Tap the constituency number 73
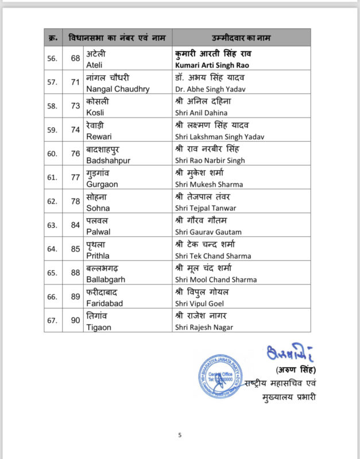pyautogui.click(x=75, y=107)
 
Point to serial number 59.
pyautogui.click(x=52, y=130)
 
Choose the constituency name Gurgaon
pyautogui.click(x=101, y=184)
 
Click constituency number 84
pyautogui.click(x=75, y=225)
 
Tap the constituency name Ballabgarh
pyautogui.click(x=105, y=279)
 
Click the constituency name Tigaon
pyautogui.click(x=99, y=327)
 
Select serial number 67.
pyautogui.click(x=52, y=320)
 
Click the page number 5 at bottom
pyautogui.click(x=180, y=435)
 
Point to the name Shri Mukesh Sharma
pyautogui.click(x=208, y=184)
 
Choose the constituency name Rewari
pyautogui.click(x=99, y=137)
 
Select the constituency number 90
pyautogui.click(x=75, y=320)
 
